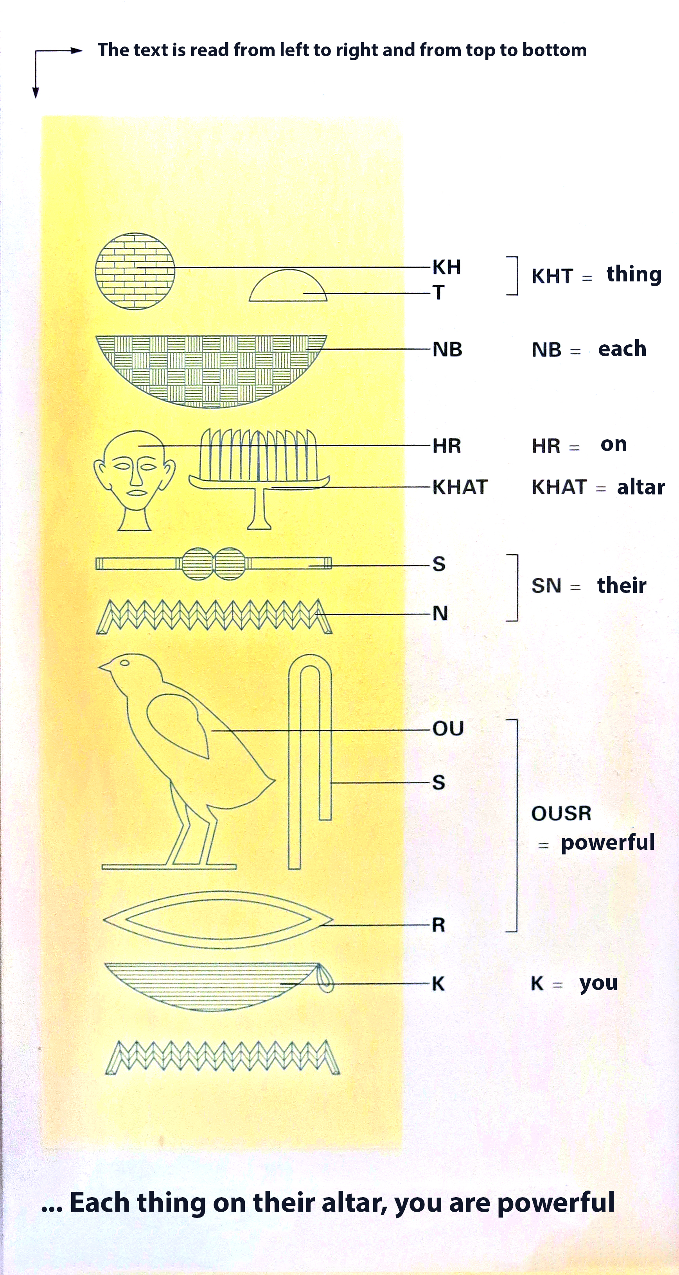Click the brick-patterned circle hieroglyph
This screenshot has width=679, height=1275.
pos(135,271)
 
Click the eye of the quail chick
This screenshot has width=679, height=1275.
pos(125,663)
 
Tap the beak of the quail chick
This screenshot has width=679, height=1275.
pos(104,667)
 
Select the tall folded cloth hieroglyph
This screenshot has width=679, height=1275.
pos(309,762)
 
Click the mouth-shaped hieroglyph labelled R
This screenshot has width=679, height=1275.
pos(218,920)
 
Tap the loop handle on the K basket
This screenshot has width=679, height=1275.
pos(325,979)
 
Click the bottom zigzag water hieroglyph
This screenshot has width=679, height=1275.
pos(223,1057)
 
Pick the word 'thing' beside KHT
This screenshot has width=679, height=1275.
pos(634,274)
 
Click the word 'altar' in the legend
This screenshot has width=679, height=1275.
pos(641,487)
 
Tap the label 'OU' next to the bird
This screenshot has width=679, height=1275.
pos(448,729)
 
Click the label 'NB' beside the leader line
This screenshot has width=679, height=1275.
pos(447,349)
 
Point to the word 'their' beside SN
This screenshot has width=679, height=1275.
pos(622,585)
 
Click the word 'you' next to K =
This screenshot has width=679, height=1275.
pos(599,984)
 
